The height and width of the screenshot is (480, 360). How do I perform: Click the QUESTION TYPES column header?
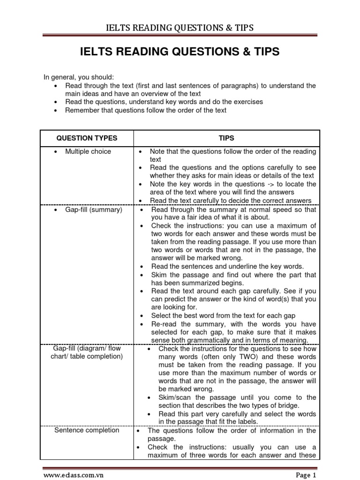87,138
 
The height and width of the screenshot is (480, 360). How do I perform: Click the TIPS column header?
226,138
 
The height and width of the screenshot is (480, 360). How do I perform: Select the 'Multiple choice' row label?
88,151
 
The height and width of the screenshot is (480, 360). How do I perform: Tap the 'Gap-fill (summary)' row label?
93,210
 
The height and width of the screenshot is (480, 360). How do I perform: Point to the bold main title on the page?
180,52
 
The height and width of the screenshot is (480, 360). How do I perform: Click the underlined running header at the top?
180,28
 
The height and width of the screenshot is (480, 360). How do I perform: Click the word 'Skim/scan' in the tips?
174,397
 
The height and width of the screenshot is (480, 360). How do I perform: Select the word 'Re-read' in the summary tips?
163,324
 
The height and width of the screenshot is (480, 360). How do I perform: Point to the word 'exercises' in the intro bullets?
247,102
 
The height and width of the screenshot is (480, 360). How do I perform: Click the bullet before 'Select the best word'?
142,316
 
